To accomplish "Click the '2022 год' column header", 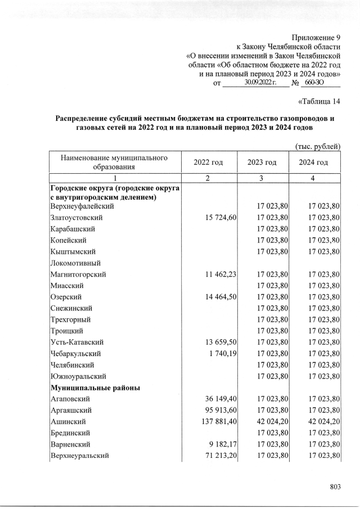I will coord(208,162).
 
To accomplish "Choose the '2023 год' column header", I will coord(262,162).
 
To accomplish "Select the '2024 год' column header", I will coord(314,162).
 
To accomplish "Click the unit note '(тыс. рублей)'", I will coord(318,146).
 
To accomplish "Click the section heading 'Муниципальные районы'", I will coord(95,388).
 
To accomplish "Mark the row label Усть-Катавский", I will coord(77,342).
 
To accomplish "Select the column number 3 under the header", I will coord(262,178).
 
